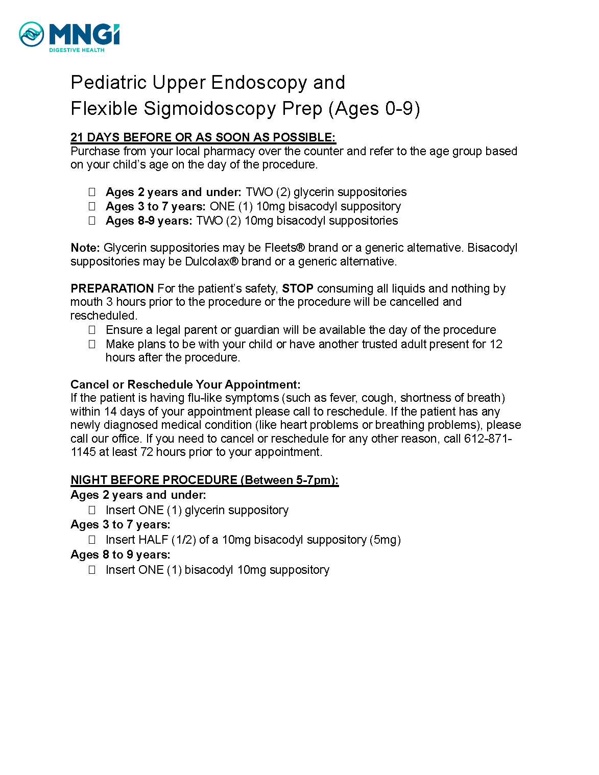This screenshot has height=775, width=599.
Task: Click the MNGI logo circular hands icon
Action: click(32, 34)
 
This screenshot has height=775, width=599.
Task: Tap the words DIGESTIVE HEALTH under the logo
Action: click(77, 50)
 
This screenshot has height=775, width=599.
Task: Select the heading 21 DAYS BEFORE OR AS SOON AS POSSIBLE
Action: click(203, 137)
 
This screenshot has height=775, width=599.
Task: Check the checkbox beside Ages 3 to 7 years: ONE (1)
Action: click(92, 206)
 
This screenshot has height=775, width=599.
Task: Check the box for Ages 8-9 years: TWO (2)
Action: click(92, 221)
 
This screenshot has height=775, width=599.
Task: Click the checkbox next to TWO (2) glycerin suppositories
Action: click(92, 192)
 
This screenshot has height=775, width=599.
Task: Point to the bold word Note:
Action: click(85, 248)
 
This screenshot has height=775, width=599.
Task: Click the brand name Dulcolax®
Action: click(211, 261)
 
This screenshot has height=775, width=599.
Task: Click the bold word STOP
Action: click(298, 288)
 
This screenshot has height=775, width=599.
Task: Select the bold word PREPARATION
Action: click(112, 288)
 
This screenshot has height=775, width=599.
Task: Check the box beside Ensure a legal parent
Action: click(92, 330)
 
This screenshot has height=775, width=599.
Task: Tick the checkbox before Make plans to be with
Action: click(92, 344)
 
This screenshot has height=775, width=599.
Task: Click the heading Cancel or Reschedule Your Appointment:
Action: click(185, 384)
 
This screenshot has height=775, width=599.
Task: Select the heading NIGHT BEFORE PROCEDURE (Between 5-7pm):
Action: click(204, 480)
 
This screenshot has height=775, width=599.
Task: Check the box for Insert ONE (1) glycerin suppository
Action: click(92, 510)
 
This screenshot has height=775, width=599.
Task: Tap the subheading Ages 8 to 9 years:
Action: click(121, 554)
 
